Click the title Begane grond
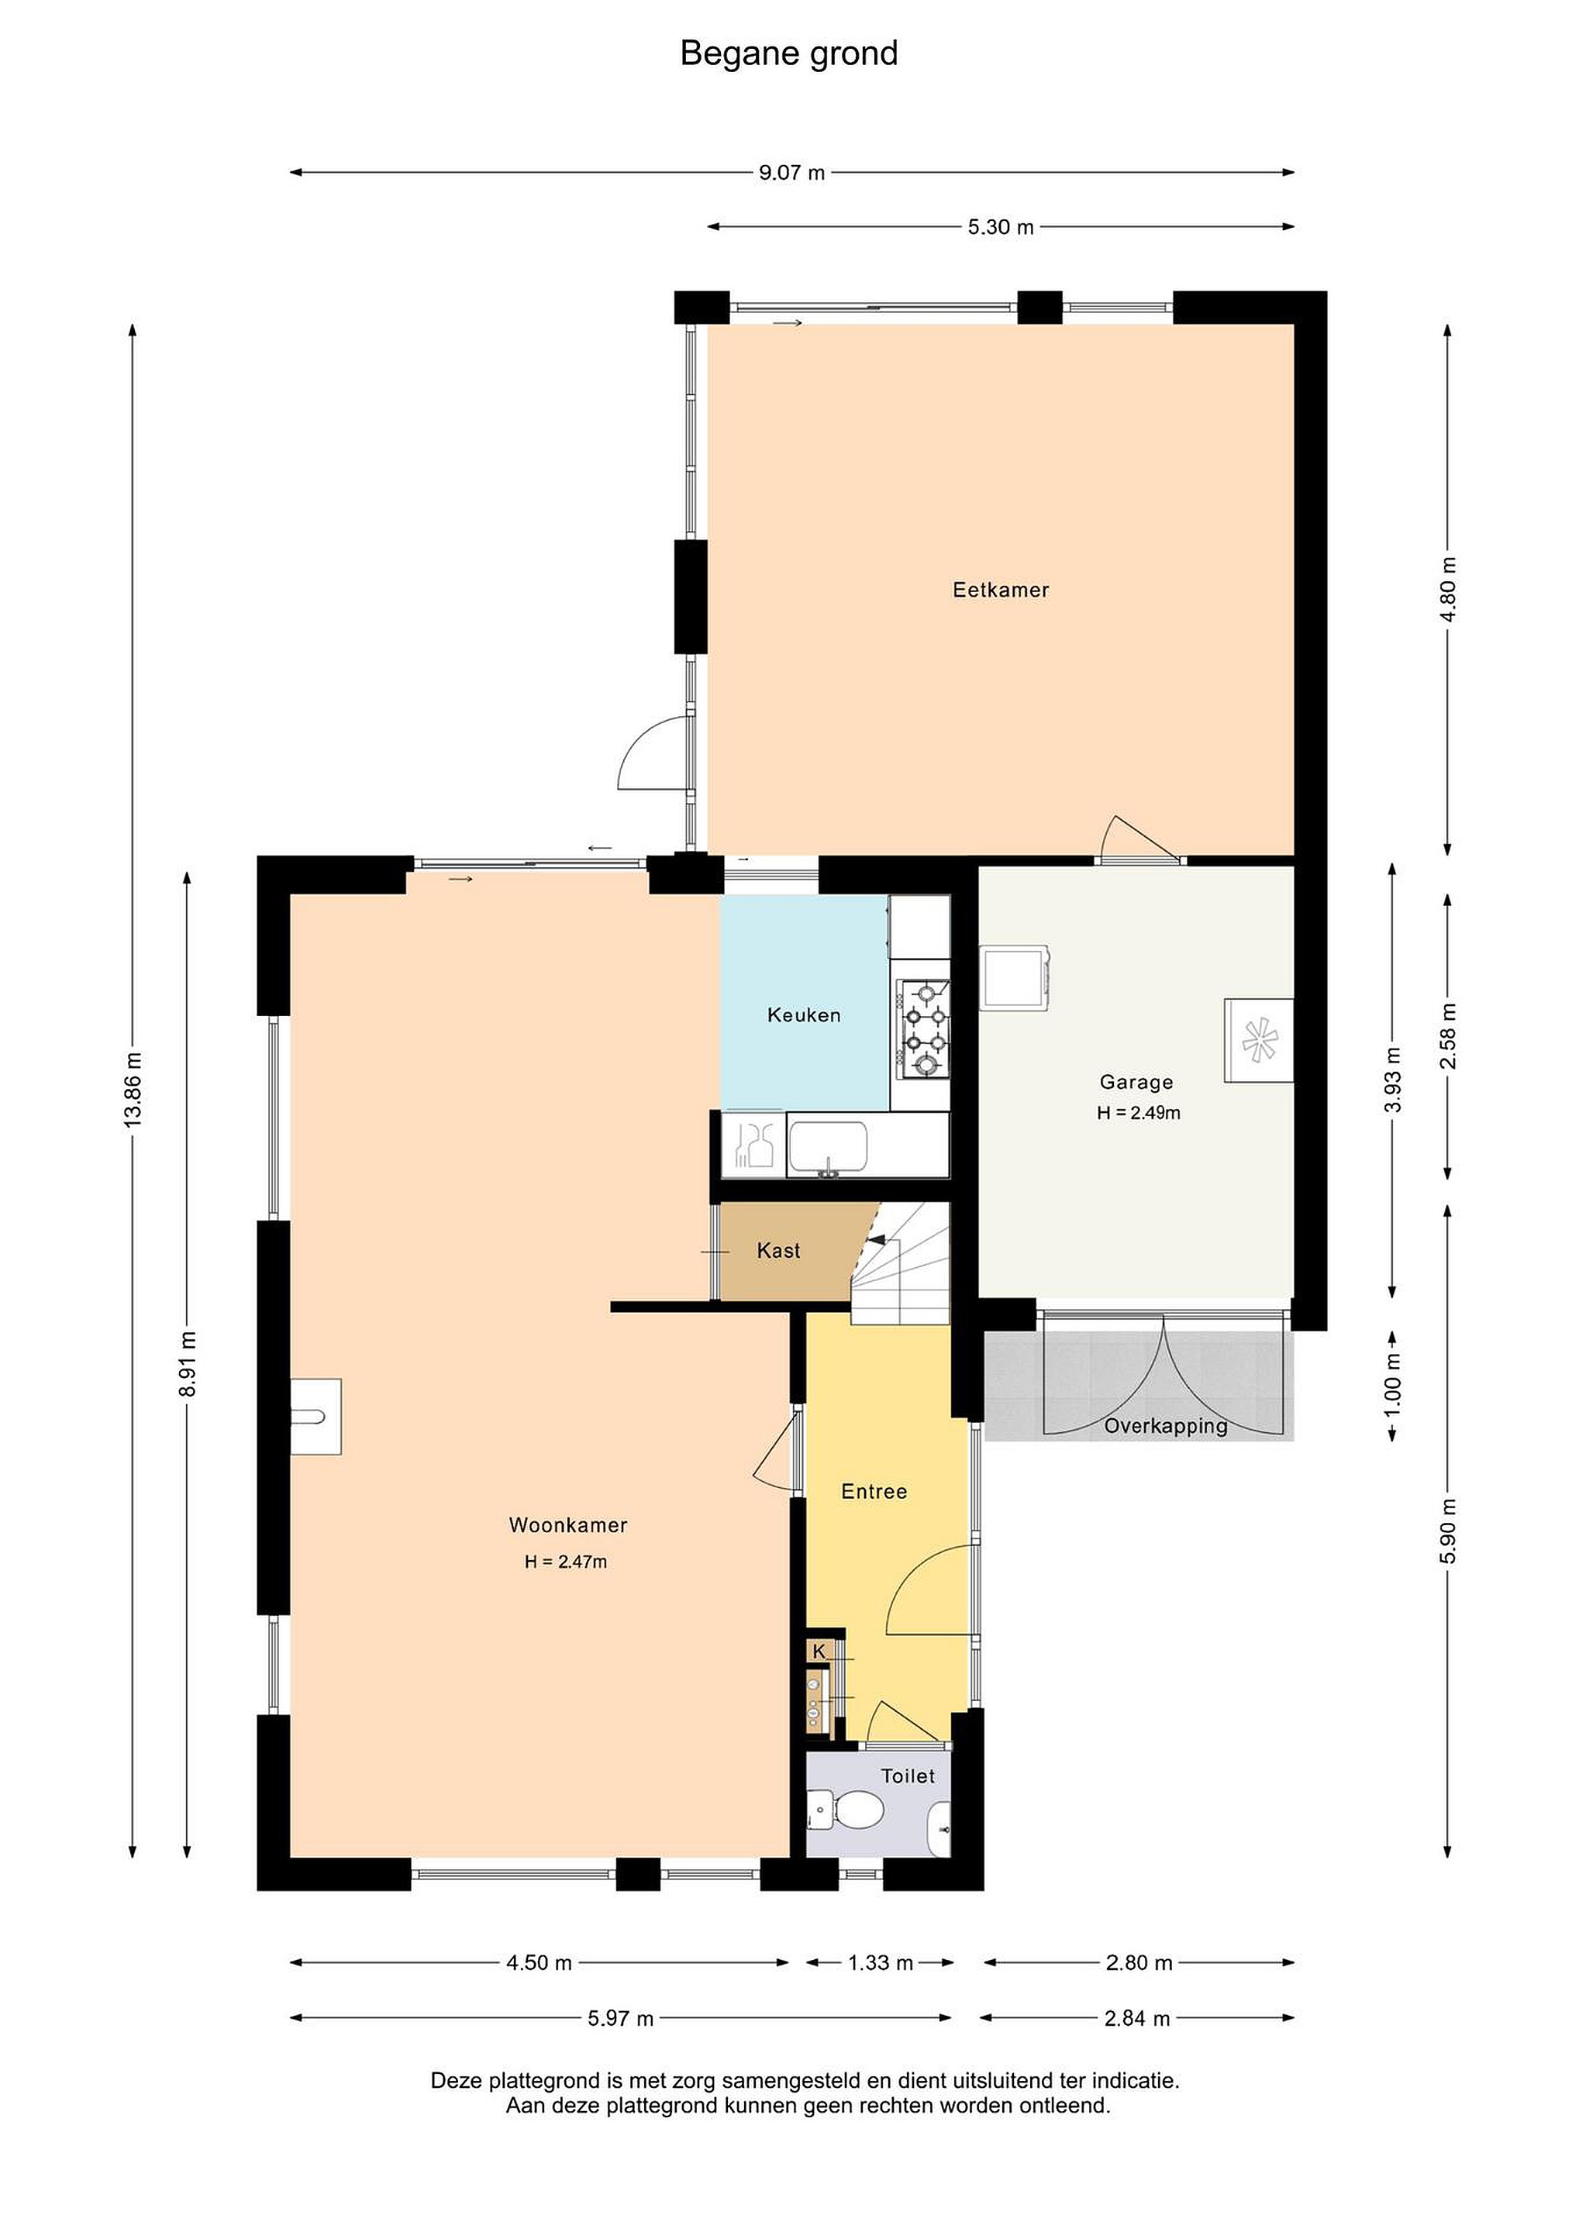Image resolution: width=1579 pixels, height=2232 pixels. point(788,54)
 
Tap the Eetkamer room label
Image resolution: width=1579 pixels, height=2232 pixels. point(1001,590)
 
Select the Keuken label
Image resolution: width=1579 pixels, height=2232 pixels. point(804,1016)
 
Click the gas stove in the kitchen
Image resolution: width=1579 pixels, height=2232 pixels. point(922,1029)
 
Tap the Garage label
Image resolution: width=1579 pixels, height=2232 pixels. point(1136,1082)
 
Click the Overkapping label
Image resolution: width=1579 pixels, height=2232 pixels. point(1166,1426)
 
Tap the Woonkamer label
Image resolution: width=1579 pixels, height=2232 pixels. point(568,1525)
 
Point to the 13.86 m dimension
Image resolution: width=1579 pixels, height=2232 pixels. point(133,1090)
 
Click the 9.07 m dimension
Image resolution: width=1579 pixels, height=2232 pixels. point(791,173)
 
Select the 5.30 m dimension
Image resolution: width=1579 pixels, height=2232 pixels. point(1001,228)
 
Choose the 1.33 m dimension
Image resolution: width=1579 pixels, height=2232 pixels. point(881,1963)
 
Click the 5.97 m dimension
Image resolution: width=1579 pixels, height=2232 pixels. point(620,2018)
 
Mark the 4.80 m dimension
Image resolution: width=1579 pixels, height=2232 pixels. point(1449,590)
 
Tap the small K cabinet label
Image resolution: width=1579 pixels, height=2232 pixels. point(819,1651)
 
